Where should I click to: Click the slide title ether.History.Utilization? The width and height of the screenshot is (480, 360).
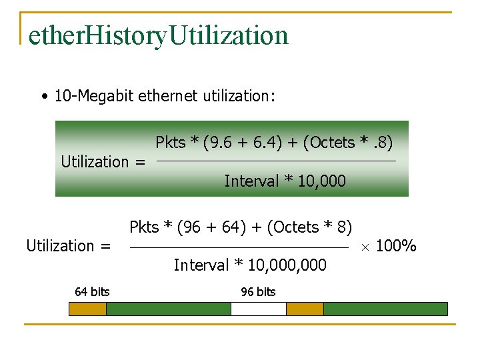[158, 35]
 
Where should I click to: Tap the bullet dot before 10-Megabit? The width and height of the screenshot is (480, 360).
[43, 97]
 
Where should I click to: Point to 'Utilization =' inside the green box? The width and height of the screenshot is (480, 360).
[103, 161]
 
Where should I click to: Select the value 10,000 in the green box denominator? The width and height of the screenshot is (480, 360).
[323, 181]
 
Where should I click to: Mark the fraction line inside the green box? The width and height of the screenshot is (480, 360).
[276, 161]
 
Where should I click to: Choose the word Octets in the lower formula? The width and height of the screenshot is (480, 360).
[296, 227]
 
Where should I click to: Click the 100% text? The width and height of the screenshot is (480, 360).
[396, 247]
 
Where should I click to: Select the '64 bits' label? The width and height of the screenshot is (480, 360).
[92, 291]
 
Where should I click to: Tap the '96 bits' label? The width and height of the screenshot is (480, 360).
[258, 291]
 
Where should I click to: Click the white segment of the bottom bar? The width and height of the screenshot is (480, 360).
[259, 309]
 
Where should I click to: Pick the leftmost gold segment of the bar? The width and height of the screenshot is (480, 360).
[88, 309]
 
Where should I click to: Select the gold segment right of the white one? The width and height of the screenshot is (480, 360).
[305, 309]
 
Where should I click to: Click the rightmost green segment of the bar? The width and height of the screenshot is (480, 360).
[385, 309]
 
